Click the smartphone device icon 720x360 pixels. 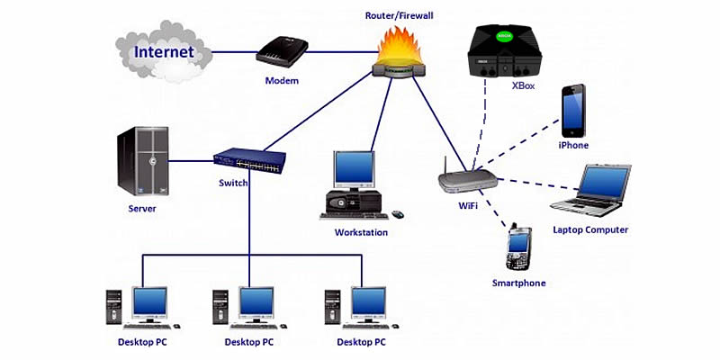517,249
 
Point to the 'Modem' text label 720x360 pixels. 282,81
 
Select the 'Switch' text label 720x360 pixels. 233,183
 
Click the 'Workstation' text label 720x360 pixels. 361,232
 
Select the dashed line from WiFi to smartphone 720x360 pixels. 495,211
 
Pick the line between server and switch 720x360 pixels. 192,162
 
